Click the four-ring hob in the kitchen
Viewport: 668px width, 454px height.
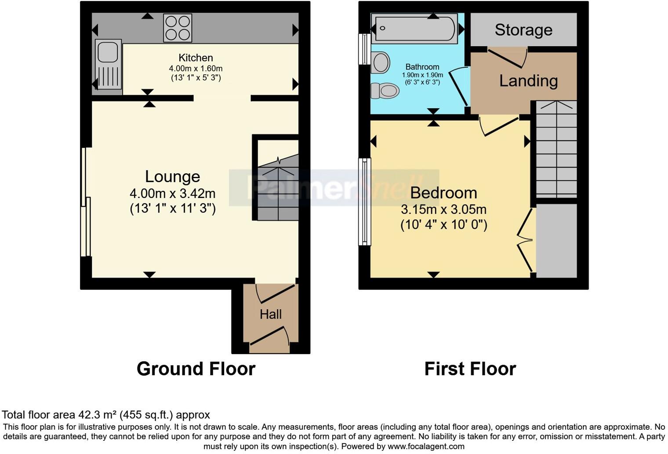point(178,28)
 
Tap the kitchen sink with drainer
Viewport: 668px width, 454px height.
point(108,64)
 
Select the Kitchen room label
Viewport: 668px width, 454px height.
point(196,58)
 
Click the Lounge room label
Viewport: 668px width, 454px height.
point(172,176)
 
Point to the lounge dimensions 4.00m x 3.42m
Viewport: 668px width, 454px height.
point(172,193)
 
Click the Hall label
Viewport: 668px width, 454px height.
point(270,314)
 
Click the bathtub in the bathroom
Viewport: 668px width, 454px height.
point(414,29)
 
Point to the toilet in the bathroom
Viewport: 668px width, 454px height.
point(385,91)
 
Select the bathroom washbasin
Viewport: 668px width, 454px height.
point(380,62)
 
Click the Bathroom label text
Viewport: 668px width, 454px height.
point(422,67)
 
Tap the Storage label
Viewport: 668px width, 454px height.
point(523,30)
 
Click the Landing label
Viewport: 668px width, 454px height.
point(528,81)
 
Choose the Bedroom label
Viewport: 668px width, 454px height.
point(443,193)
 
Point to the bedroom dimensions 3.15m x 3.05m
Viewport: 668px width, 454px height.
point(443,209)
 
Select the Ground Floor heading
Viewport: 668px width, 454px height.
point(196,369)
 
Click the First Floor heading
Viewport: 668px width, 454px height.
point(470,369)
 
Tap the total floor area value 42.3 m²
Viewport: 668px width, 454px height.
point(98,415)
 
